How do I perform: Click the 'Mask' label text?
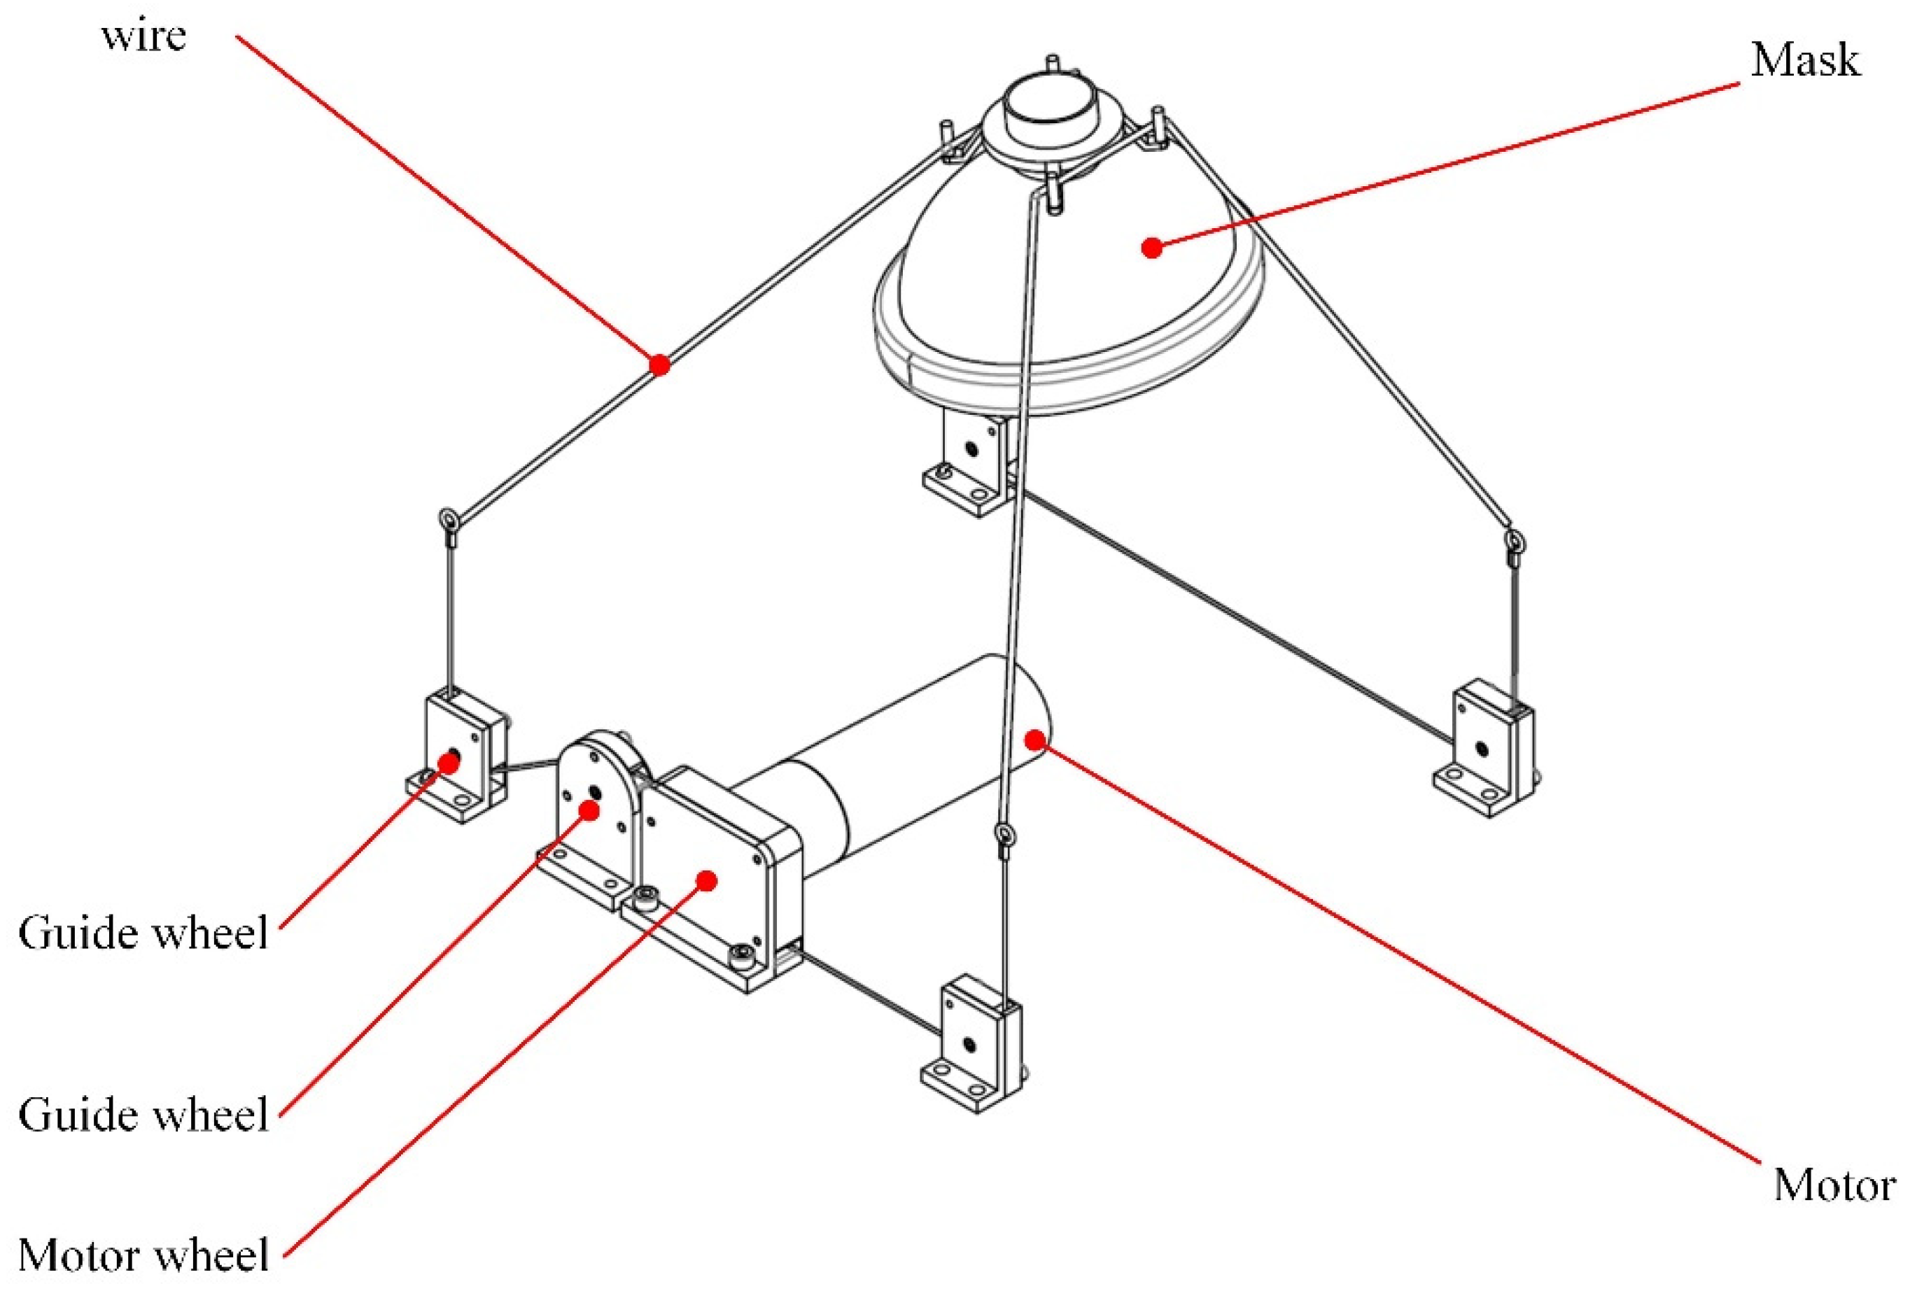[1805, 61]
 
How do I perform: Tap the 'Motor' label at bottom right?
[1834, 1186]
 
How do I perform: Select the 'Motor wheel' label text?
[143, 1255]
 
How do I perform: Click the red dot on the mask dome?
[1151, 246]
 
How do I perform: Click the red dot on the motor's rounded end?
[1034, 738]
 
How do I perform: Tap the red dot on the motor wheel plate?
[705, 880]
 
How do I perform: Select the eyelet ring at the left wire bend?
[449, 521]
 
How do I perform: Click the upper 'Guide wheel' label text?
[143, 933]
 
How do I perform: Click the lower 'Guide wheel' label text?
[143, 1115]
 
